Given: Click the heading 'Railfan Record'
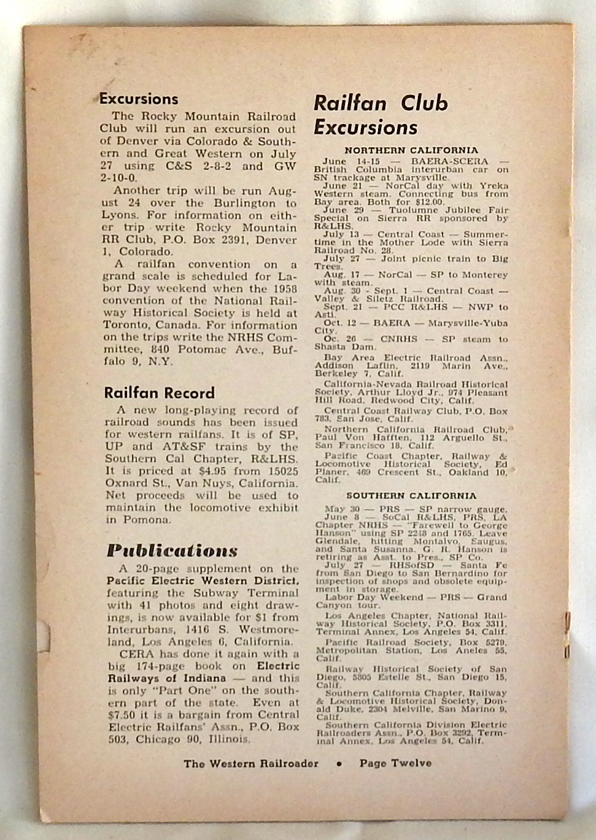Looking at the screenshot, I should coord(159,393).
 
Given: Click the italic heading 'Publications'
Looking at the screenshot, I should coord(171,550).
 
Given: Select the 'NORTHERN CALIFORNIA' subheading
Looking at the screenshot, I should coord(411,150).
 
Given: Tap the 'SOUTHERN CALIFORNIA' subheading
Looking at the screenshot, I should coord(411,495).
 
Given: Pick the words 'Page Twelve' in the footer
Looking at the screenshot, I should coord(395,763).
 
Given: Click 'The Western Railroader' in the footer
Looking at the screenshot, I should coord(250,764).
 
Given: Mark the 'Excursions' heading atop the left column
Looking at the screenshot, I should coord(139,99).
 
